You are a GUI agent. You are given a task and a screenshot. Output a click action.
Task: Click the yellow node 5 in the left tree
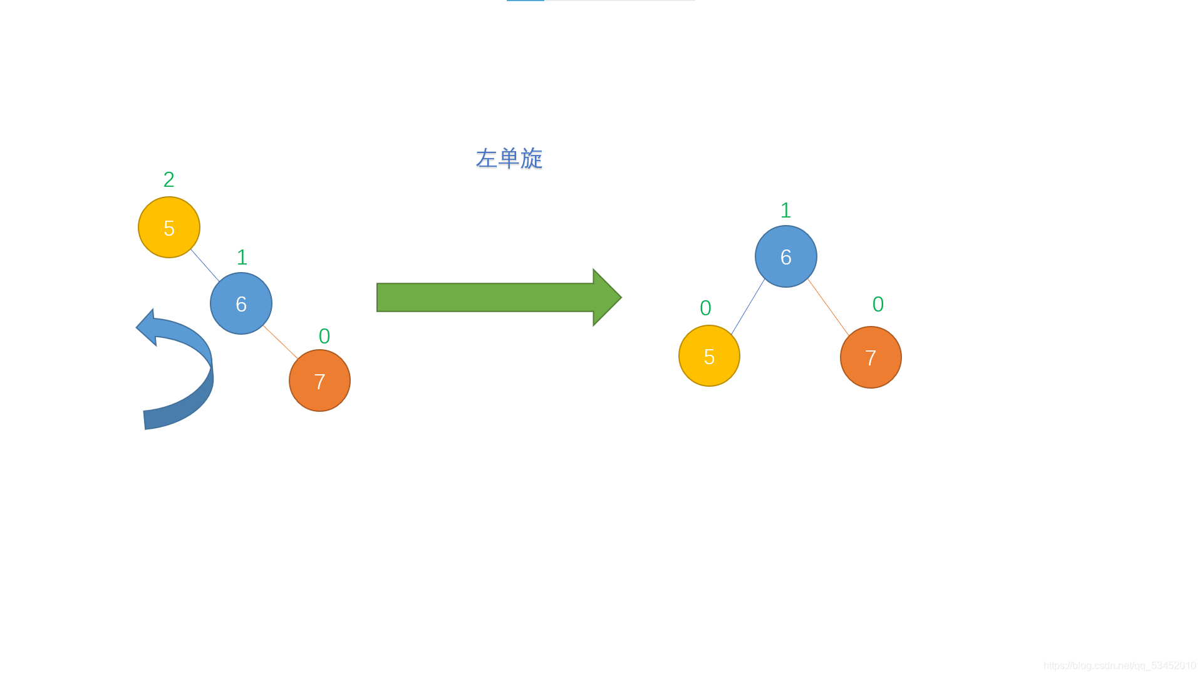[x=169, y=228]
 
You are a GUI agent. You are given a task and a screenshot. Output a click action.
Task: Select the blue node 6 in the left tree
[x=241, y=303]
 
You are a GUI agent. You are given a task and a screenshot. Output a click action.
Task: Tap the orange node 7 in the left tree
[x=319, y=380]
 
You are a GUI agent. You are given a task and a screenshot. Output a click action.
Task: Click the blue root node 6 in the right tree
[x=785, y=256]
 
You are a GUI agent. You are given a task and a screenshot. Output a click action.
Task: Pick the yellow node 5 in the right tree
[x=709, y=356]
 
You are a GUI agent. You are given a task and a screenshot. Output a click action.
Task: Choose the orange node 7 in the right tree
[x=871, y=357]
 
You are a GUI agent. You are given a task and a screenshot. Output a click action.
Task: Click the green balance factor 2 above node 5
[x=168, y=180]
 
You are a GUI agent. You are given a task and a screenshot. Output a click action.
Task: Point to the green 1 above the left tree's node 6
[x=242, y=258]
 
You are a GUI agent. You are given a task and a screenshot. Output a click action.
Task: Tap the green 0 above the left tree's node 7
[x=324, y=337]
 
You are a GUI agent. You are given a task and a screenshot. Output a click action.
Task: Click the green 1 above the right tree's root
[x=785, y=211]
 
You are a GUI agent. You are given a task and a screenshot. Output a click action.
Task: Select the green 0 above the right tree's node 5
[x=705, y=308]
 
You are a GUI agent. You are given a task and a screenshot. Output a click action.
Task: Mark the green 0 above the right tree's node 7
[x=878, y=305]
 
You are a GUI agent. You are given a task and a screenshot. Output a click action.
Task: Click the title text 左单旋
[x=509, y=159]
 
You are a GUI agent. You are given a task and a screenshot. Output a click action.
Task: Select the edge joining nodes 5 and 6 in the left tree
[x=205, y=265]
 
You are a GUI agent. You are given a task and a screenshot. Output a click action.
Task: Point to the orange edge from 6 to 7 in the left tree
[x=281, y=342]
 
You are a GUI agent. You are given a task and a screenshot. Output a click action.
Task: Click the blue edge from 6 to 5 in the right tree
[x=748, y=307]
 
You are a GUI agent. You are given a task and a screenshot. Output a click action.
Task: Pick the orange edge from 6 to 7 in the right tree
[x=828, y=307]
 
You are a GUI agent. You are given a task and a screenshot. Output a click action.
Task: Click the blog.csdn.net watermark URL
[x=1119, y=666]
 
